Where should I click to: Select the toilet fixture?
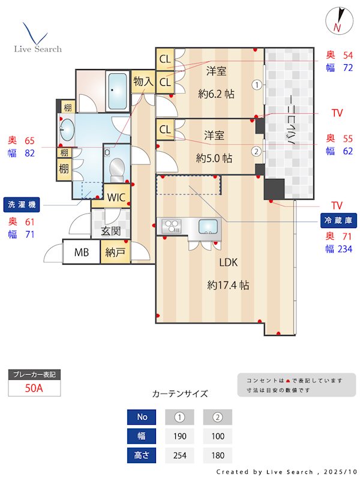(x=117, y=169)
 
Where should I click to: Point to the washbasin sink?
(x=67, y=129)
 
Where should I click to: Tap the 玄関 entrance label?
(x=111, y=230)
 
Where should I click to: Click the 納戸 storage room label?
(x=115, y=253)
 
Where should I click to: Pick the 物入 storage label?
(x=143, y=81)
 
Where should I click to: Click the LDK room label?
(x=229, y=262)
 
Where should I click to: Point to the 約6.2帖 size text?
(x=216, y=94)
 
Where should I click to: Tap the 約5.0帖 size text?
(x=214, y=158)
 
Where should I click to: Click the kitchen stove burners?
(x=172, y=227)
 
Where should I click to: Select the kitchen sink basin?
(x=208, y=227)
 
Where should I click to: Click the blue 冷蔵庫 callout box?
(x=337, y=220)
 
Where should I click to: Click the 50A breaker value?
(x=34, y=388)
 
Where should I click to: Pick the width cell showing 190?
(x=179, y=436)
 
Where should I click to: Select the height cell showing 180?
(x=217, y=455)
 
